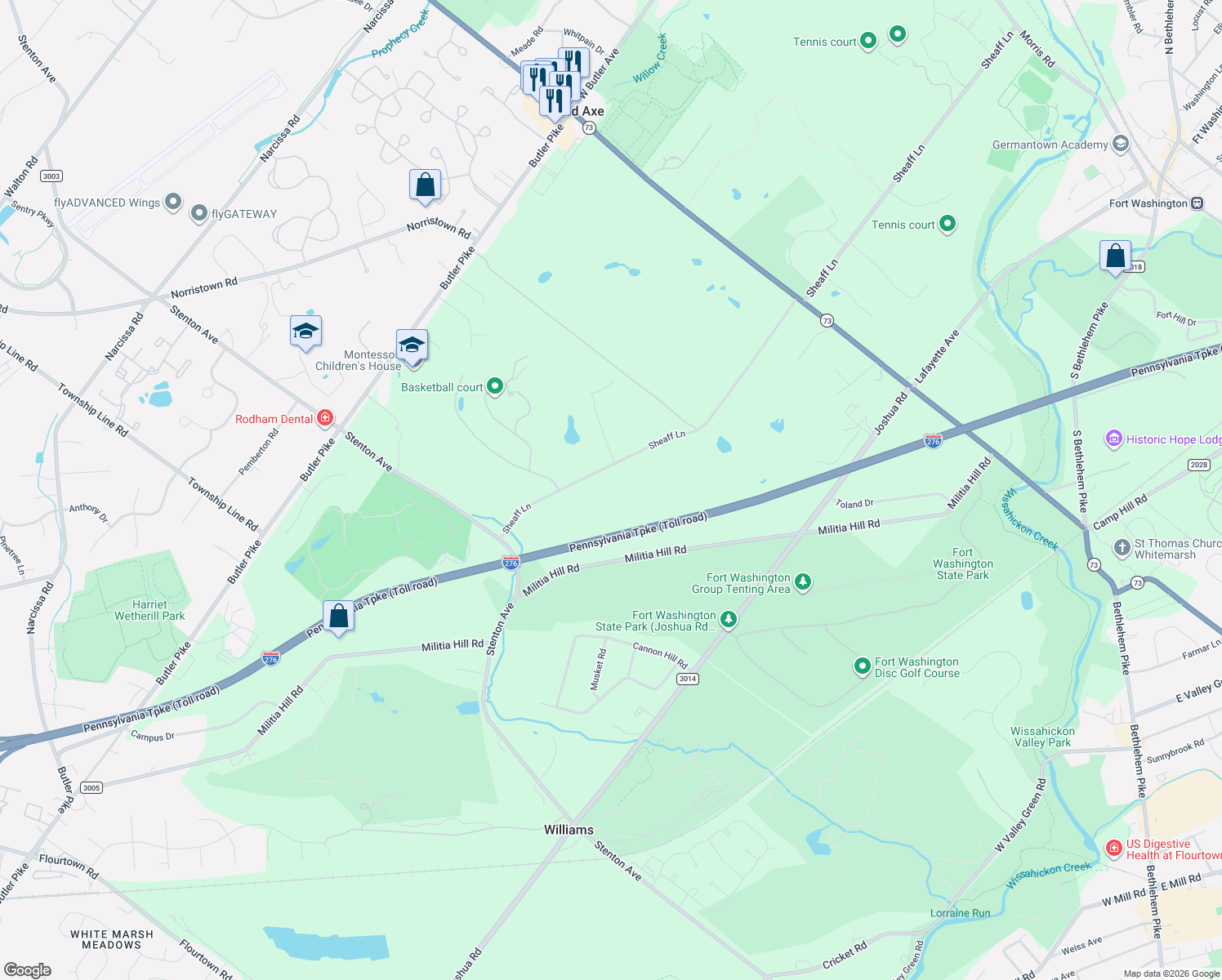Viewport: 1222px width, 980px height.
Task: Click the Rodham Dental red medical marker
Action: tap(325, 419)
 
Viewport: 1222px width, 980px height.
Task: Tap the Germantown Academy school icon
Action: tap(1121, 145)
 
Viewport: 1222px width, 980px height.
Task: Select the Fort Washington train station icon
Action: tap(1197, 203)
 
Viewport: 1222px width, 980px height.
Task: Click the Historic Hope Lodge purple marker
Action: tap(1113, 439)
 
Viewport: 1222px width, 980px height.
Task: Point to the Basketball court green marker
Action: tap(495, 386)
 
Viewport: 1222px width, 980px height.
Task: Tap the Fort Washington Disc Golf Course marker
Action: tap(862, 667)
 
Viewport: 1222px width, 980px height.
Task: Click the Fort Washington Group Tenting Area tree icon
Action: tap(803, 582)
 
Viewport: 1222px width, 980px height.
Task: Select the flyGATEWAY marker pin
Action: tap(199, 214)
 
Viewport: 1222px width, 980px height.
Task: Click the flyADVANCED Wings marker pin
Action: tap(172, 202)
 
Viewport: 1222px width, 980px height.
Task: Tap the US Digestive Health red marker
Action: tap(1113, 849)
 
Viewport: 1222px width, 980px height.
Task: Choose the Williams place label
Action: tap(569, 830)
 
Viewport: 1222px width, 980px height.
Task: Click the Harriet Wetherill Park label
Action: tap(149, 610)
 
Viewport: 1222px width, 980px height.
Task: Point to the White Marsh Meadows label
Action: tap(112, 939)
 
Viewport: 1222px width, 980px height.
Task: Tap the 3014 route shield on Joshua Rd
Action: tap(687, 679)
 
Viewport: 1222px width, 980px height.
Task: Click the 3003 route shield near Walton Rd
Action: tap(51, 176)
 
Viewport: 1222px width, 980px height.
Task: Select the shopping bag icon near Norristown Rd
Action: tap(425, 185)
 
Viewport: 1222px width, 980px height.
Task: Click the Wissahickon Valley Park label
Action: tap(1042, 737)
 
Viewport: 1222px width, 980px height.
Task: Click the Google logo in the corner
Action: tap(27, 970)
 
